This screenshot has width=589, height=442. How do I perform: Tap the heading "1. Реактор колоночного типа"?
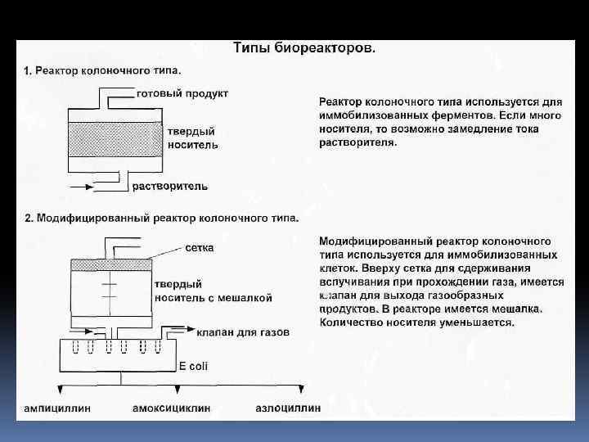coord(103,71)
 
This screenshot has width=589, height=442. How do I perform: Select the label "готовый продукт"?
coord(182,92)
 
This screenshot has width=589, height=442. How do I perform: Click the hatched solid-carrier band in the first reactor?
coord(115,139)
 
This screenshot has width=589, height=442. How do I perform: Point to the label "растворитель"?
coord(170,187)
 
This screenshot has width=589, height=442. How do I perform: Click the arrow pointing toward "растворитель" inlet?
coord(81,187)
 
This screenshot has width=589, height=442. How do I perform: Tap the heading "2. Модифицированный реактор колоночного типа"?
coord(161,219)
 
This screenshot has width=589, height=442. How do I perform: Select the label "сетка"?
coord(200,247)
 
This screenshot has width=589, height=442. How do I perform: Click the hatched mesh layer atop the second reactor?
coord(112,265)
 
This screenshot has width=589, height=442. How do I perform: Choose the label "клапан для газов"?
coord(242,332)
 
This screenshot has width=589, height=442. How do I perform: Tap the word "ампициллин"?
coord(57,407)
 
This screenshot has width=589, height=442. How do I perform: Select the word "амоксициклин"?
coord(171,407)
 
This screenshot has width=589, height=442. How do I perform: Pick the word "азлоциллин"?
coord(287,407)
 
